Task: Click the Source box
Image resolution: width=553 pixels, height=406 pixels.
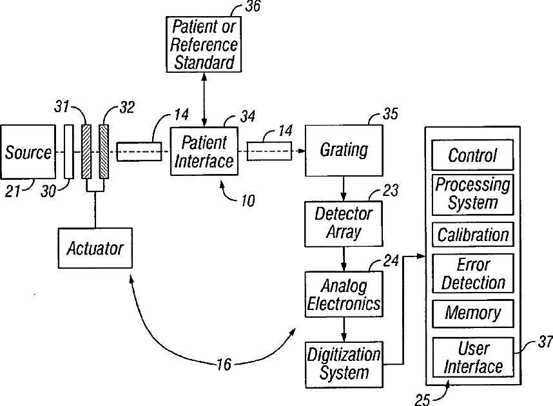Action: [x=28, y=151]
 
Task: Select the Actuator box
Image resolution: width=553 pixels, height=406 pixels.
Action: [x=95, y=248]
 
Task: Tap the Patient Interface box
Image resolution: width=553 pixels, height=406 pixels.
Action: [x=204, y=151]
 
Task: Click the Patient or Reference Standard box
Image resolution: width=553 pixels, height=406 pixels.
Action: [x=204, y=44]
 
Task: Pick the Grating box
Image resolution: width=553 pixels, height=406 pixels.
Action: [x=344, y=150]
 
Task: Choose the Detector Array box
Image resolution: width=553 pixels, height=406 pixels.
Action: [x=344, y=224]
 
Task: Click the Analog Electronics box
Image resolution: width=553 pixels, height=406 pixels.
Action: [x=344, y=294]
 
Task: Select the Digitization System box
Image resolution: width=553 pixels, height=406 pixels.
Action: [x=344, y=365]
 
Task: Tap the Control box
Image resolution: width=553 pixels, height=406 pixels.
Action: [x=472, y=155]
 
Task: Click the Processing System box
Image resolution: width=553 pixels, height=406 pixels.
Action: [x=472, y=195]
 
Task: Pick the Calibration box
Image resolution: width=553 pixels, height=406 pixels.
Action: [x=472, y=234]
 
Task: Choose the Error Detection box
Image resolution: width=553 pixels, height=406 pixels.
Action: [x=472, y=273]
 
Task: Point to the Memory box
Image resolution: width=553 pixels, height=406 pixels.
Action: [x=472, y=313]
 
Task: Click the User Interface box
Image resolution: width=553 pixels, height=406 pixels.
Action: [x=472, y=357]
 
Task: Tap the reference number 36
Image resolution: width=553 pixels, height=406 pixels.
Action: [x=253, y=6]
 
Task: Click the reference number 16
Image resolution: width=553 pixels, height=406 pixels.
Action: [x=224, y=364]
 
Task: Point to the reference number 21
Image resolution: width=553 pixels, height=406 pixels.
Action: [x=13, y=191]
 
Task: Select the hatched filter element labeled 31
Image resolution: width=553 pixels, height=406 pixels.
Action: [x=86, y=151]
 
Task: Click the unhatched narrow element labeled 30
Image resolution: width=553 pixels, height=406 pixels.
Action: [x=69, y=151]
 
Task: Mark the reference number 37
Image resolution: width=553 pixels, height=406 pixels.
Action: [x=545, y=342]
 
